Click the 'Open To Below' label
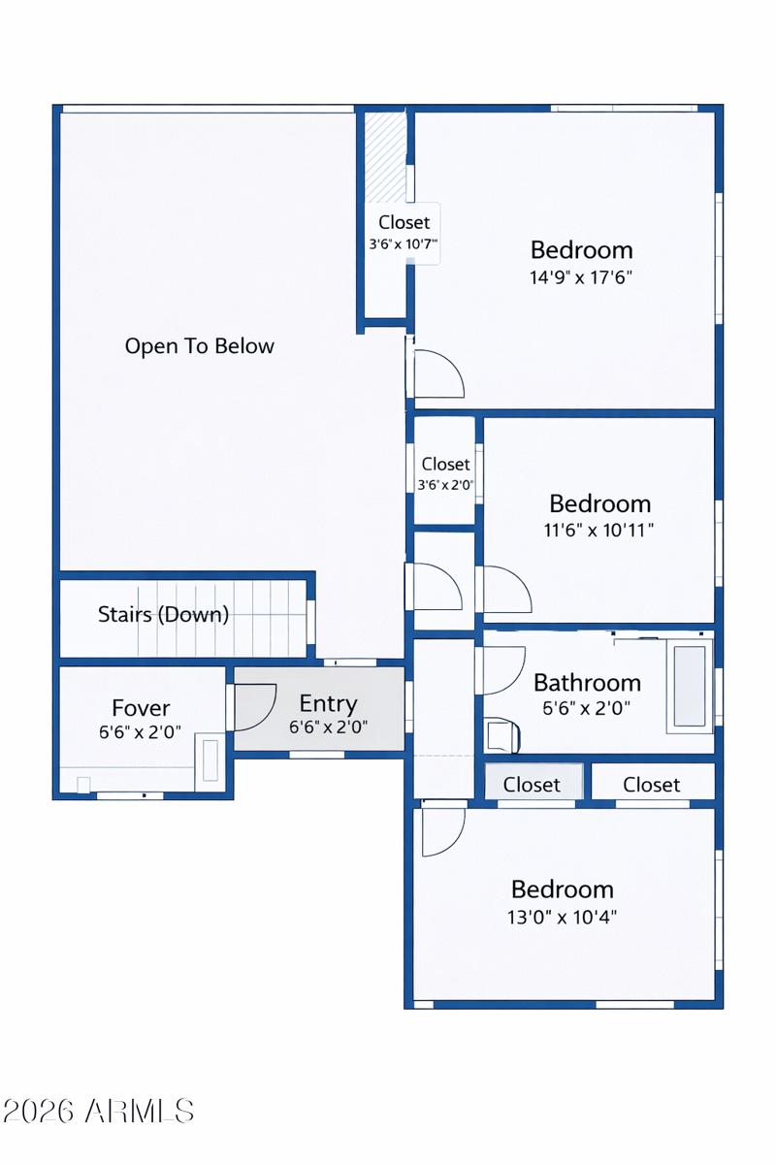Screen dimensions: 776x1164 [200, 346]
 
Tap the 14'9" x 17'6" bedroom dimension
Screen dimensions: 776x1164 [581, 277]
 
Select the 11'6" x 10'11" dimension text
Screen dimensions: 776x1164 [598, 530]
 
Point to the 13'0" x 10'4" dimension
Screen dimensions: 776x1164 [562, 918]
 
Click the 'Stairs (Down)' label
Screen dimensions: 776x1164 [163, 614]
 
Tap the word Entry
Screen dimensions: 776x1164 [329, 703]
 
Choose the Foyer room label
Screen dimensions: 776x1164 [141, 708]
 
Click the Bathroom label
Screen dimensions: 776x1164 [587, 683]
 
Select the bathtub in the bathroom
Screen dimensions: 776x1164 [690, 687]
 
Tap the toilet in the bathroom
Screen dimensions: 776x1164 [502, 735]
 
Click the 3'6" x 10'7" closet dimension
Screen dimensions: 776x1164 [404, 243]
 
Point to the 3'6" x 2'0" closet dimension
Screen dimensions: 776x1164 [445, 485]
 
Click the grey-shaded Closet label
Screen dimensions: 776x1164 [532, 785]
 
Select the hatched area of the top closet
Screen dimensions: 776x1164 [385, 157]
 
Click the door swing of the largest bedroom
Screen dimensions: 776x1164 [439, 373]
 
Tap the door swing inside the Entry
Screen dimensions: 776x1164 [255, 707]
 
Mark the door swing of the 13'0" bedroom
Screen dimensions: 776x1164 [443, 832]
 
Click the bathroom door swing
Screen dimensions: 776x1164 [504, 670]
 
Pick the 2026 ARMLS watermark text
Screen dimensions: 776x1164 [98, 1112]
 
